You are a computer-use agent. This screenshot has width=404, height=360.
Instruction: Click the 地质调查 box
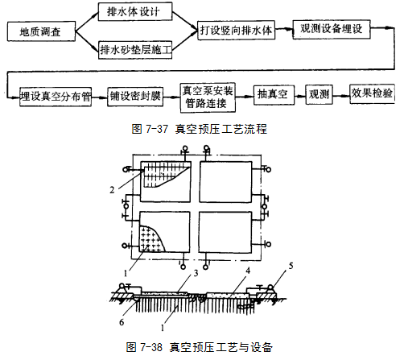(x=41, y=31)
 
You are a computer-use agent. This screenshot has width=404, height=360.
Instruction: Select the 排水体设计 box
(x=134, y=12)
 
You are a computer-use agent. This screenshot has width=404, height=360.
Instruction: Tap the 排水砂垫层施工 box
(x=135, y=50)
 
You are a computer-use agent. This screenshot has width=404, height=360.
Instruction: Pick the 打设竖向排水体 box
(x=236, y=30)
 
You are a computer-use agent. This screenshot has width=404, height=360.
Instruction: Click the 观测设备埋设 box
(x=332, y=29)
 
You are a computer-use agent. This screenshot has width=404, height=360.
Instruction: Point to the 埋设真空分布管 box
(x=56, y=97)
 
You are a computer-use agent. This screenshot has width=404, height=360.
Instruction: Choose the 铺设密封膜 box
(x=135, y=96)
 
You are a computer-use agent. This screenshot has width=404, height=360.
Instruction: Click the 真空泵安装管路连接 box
(x=208, y=97)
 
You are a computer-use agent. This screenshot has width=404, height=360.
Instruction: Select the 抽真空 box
(x=274, y=95)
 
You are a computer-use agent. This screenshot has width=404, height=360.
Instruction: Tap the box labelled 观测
(x=319, y=94)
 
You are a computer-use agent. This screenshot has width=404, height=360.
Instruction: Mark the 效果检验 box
(x=372, y=93)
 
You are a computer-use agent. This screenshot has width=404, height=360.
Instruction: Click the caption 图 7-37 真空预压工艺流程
(x=200, y=129)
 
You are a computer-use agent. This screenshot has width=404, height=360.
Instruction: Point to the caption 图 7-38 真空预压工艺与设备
(x=200, y=347)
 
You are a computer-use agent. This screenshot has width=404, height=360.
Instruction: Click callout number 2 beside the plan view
(x=112, y=190)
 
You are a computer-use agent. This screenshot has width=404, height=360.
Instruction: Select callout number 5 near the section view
(x=291, y=266)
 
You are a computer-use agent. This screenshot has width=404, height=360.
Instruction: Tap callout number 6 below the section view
(x=122, y=322)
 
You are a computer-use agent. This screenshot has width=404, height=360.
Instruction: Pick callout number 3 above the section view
(x=196, y=273)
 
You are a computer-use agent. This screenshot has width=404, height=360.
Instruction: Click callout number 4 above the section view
(x=248, y=271)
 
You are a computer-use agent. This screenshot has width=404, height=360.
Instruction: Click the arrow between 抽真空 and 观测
(x=300, y=95)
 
